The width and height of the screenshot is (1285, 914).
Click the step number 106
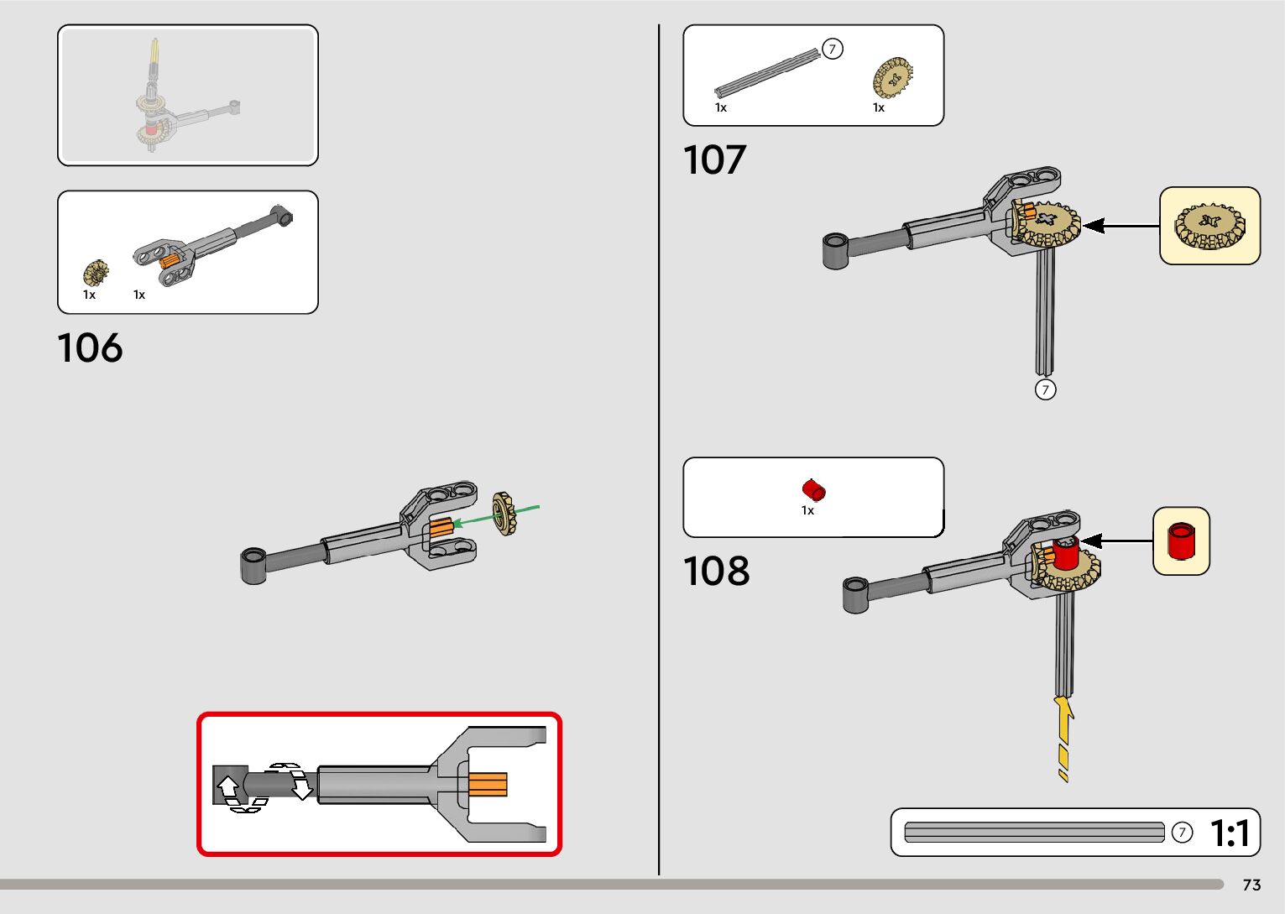tap(90, 347)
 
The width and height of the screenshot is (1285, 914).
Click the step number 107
tap(714, 159)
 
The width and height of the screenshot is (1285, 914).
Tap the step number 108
tap(716, 571)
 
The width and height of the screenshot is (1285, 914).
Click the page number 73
tap(1251, 885)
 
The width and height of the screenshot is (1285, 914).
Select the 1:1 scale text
tap(1230, 833)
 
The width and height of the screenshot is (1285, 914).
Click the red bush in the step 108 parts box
tap(813, 488)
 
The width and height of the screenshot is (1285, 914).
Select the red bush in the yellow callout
tap(1182, 541)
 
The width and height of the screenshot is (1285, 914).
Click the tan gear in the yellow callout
tap(1209, 226)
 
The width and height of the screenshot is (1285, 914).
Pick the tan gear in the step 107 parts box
tap(892, 79)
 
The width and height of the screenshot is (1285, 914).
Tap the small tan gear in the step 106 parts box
tap(96, 272)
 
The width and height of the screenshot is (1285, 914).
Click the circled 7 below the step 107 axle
tap(1045, 389)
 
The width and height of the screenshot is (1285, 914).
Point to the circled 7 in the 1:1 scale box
tap(1181, 833)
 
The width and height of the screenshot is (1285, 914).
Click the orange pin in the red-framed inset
tap(487, 784)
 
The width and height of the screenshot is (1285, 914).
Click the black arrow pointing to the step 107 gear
tap(1121, 226)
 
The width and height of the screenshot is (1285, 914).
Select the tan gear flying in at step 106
tap(504, 513)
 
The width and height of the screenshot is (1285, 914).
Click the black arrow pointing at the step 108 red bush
tap(1115, 541)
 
